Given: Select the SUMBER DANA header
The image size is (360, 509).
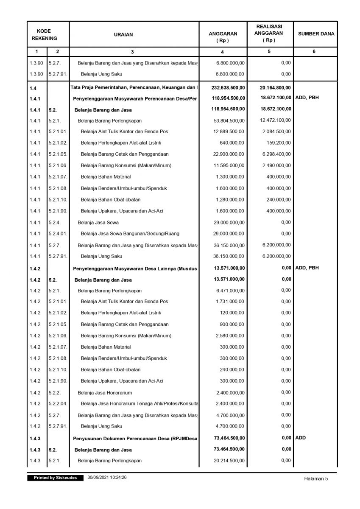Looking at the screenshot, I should coord(316,34).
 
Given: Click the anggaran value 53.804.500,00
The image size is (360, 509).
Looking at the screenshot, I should coord(229,121).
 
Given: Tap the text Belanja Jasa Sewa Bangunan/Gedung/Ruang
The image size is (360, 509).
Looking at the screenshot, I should coord(130,234).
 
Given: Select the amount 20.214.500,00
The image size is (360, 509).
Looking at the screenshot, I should coord(229,461).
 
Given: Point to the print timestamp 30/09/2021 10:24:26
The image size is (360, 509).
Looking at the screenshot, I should coord(107,478).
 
